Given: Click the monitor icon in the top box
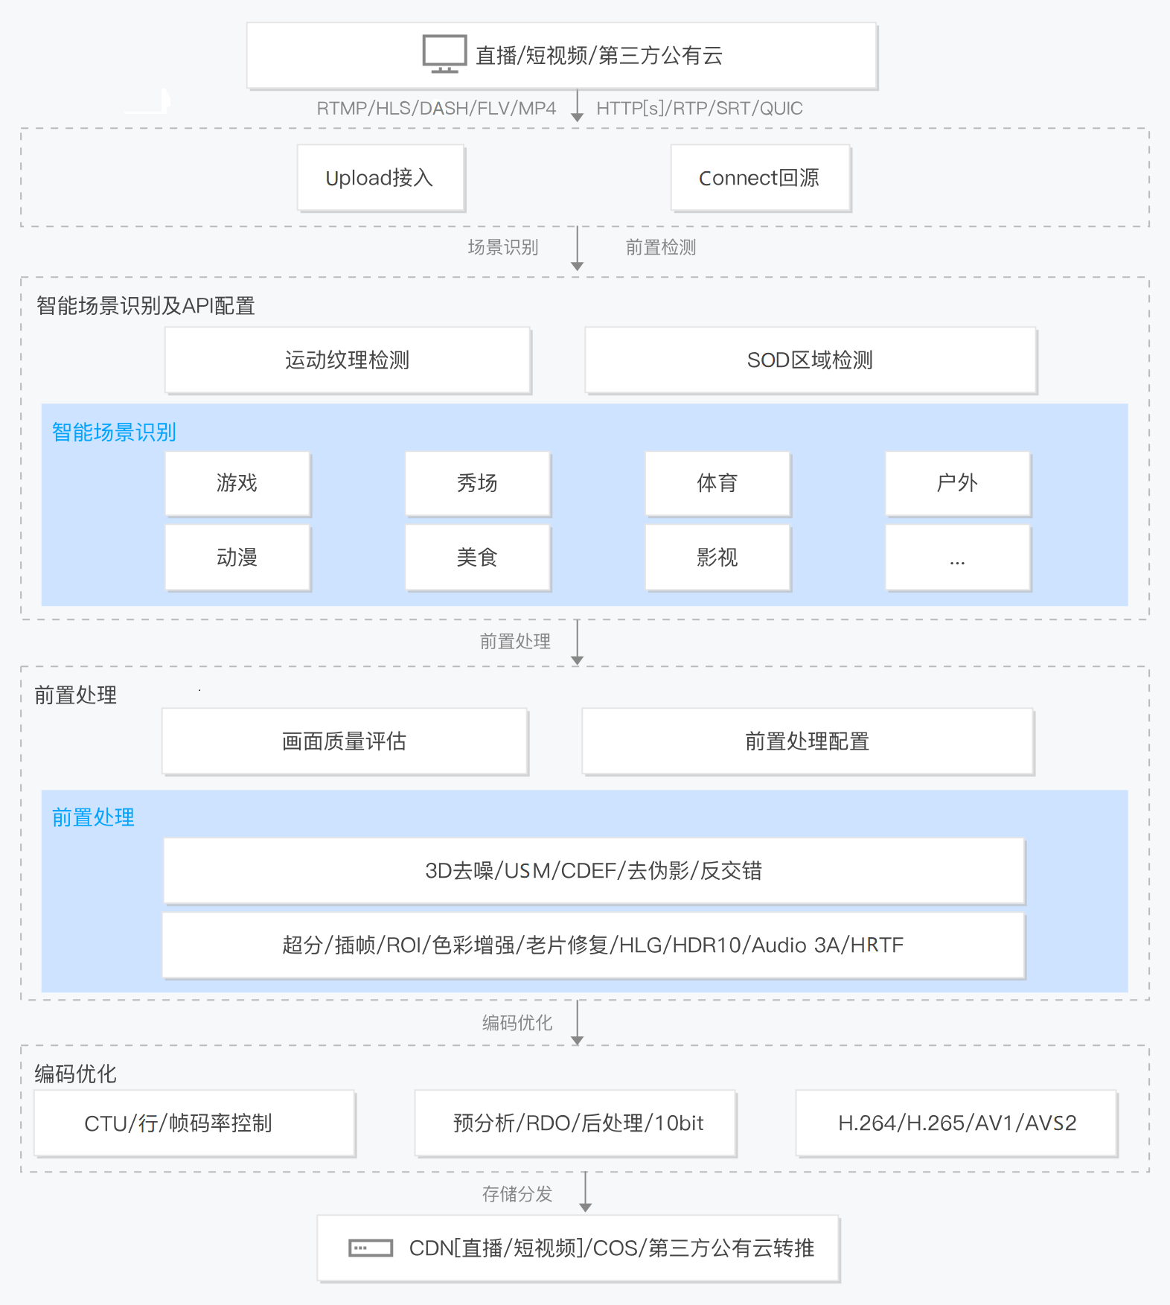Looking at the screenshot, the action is (444, 54).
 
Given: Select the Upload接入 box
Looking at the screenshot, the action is (381, 178).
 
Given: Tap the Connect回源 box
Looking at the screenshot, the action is (761, 178).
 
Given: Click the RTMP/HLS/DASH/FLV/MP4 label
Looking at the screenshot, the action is (436, 109).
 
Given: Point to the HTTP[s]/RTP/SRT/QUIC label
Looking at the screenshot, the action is (700, 109).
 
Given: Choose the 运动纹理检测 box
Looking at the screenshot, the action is (348, 360).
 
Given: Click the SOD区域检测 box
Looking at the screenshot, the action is (811, 360).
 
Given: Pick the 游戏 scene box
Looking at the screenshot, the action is (237, 483).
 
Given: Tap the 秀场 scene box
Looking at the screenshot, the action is (478, 483).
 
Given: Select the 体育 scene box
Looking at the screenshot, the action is (717, 483).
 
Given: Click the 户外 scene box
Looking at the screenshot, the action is (958, 483).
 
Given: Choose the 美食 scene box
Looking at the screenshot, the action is (478, 558).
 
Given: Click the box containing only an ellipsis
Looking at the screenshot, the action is (958, 558).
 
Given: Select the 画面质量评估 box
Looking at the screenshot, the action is (345, 741).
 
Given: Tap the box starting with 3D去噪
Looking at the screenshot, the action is (594, 871).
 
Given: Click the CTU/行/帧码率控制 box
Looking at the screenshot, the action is (194, 1123).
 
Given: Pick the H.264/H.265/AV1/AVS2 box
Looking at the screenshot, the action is (957, 1123).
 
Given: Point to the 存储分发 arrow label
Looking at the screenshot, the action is (517, 1194).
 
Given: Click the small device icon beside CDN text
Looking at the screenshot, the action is (371, 1248).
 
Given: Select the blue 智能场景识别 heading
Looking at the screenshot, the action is (114, 432).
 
